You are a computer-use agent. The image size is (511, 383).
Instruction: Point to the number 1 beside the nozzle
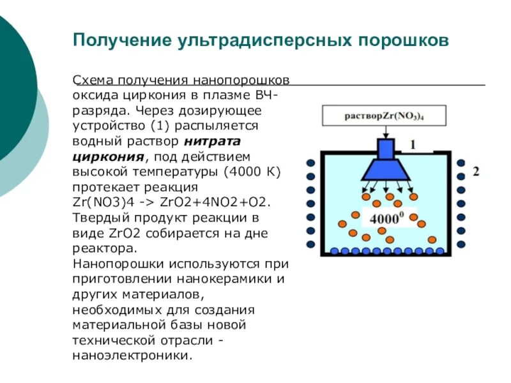(413, 145)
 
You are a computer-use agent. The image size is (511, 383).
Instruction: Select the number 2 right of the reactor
(476, 172)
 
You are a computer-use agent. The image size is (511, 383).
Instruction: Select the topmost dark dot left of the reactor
(310, 162)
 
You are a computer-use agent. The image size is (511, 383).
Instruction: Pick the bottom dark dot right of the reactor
(461, 244)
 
